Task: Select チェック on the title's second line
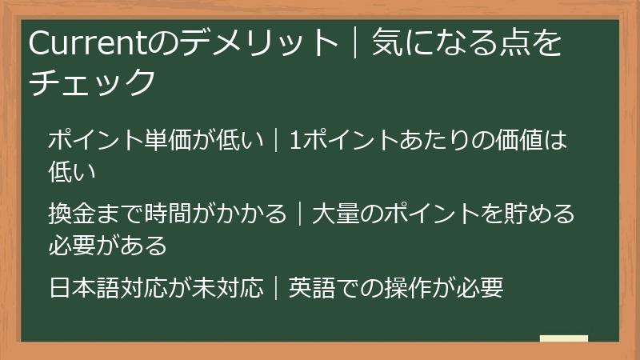pos(92,82)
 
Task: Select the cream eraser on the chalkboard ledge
pos(563,338)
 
